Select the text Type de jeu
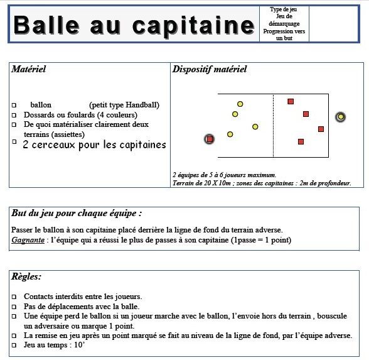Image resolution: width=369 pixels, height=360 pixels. pos(284,10)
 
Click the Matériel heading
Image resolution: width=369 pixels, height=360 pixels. pos(29,69)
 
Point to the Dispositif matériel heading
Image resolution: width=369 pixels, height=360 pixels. pos(209,69)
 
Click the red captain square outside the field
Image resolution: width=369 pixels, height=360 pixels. pos(210,139)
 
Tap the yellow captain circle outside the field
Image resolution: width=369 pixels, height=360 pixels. pos(340,116)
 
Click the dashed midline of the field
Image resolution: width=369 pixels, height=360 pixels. pos(273,126)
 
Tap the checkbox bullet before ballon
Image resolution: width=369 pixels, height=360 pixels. pos(14,106)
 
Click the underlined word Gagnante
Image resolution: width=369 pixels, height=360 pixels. pos(28,241)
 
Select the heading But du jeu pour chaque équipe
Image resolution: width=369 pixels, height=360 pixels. pos(76,213)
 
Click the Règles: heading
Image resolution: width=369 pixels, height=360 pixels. pos(26,276)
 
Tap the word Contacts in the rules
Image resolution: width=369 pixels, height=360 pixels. pos(40,296)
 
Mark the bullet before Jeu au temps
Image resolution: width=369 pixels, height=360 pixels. pos(14,346)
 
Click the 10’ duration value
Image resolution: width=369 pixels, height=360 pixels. pos(80,346)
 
